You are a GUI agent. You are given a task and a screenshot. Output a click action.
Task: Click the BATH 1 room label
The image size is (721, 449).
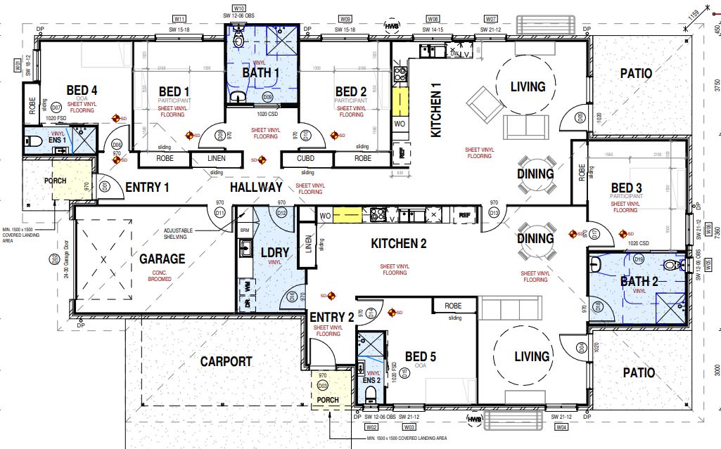click(261, 72)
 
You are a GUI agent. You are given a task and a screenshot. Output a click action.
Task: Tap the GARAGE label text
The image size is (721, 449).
click(162, 259)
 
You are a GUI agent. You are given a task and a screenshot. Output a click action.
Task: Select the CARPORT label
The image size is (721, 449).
click(226, 362)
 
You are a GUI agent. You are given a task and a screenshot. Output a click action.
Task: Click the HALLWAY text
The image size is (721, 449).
click(256, 188)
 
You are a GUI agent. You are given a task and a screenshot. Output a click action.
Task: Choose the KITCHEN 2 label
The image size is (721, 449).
click(399, 244)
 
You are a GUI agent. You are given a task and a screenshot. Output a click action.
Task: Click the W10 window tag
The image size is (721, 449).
click(239, 8)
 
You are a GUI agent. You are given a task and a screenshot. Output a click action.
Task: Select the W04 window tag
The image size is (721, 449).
click(561, 427)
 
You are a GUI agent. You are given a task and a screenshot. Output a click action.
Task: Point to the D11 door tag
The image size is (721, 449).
click(219, 212)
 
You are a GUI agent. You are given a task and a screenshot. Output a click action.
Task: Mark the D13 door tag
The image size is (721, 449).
click(494, 212)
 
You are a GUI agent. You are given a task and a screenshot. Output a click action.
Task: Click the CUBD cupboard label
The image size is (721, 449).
click(305, 159)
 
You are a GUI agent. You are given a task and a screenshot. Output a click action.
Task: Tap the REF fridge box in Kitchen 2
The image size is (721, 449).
click(464, 216)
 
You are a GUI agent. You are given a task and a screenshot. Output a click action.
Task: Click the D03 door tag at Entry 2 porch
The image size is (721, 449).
click(323, 386)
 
